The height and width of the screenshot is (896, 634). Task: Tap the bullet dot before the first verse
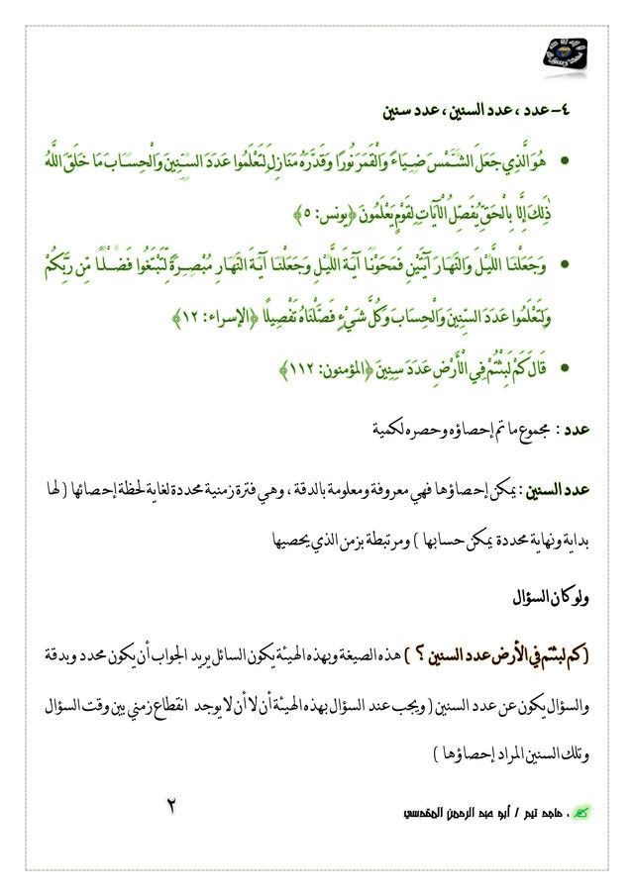point(564,159)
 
